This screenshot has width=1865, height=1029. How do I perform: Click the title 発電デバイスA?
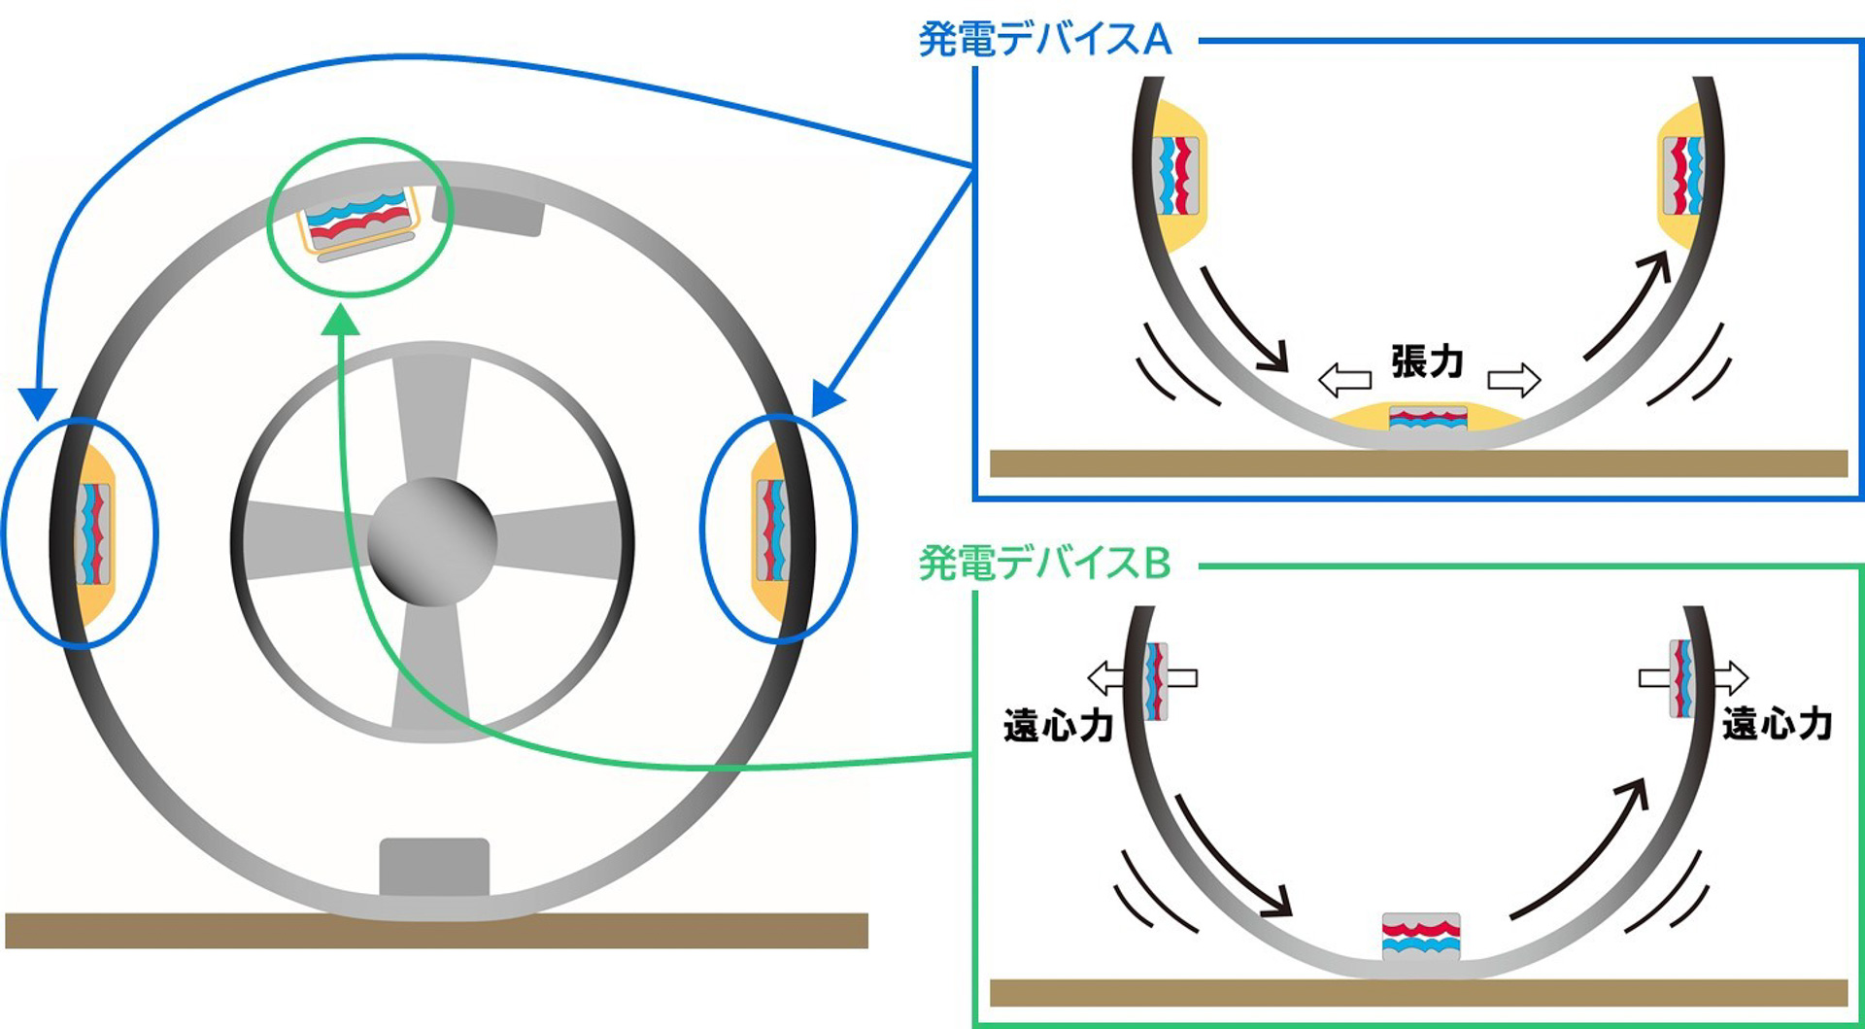pyautogui.click(x=1044, y=40)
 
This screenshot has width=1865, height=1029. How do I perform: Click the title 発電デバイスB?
pyautogui.click(x=1044, y=564)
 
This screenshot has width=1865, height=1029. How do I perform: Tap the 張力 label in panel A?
pyautogui.click(x=1426, y=361)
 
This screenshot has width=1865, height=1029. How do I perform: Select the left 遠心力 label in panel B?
pyautogui.click(x=1057, y=726)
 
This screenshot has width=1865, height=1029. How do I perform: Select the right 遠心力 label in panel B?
pyautogui.click(x=1777, y=724)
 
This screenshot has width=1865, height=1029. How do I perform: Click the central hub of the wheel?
pyautogui.click(x=432, y=540)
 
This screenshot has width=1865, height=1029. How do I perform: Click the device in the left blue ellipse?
pyautogui.click(x=94, y=533)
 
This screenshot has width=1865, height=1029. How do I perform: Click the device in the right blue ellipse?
pyautogui.click(x=771, y=531)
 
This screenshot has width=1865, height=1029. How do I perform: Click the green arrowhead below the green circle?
pyautogui.click(x=340, y=321)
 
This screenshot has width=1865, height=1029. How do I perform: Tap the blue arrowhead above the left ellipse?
pyautogui.click(x=38, y=402)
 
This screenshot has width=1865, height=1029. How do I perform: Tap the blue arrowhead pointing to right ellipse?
pyautogui.click(x=828, y=398)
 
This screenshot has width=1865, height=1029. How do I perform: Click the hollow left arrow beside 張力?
pyautogui.click(x=1344, y=380)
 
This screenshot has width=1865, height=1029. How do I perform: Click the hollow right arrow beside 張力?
pyautogui.click(x=1513, y=379)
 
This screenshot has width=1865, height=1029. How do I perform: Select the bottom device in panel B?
pyautogui.click(x=1421, y=937)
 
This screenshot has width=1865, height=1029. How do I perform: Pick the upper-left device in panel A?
pyautogui.click(x=1175, y=176)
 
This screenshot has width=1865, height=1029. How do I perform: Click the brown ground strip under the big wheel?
pyautogui.click(x=436, y=931)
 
